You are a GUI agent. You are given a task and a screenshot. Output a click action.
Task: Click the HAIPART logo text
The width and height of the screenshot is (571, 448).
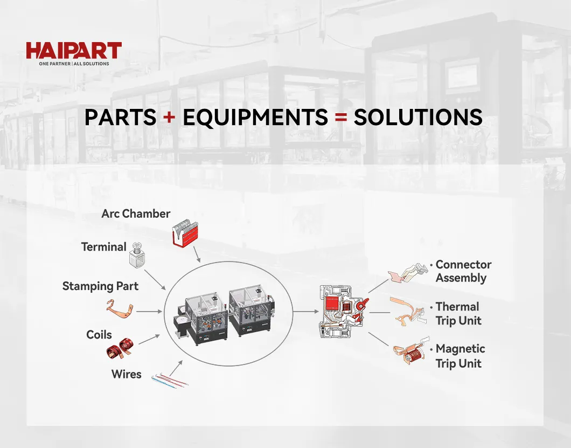coord(74,50)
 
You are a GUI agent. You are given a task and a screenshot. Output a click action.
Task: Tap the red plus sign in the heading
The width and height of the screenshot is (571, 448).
coord(169,117)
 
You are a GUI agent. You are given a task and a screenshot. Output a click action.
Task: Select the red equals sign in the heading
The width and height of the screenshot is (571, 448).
coord(341,117)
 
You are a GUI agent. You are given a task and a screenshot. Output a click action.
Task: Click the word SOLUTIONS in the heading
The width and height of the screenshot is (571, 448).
coord(418,117)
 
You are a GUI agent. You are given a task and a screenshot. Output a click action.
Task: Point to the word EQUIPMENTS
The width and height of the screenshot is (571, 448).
coord(255,118)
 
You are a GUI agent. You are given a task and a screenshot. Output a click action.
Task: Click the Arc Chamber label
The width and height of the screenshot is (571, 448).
coord(136,213)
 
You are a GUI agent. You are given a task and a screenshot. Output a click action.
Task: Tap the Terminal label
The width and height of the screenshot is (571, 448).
coord(104,247)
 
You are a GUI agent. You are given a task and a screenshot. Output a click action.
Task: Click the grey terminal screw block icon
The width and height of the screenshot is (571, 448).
coord(136,254)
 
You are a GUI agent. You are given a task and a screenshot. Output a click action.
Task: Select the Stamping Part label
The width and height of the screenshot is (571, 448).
coord(100,286)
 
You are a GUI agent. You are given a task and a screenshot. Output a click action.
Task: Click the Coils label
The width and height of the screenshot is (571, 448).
coord(99,335)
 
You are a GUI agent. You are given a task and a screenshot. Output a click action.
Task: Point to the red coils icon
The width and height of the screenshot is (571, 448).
coord(120,348)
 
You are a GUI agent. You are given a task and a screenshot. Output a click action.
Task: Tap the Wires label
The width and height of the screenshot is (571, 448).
coord(127,374)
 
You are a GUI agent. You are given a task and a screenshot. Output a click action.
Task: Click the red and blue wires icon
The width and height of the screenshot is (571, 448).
coord(170,380)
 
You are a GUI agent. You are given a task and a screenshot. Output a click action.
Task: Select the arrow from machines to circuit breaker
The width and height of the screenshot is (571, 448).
coord(306,312)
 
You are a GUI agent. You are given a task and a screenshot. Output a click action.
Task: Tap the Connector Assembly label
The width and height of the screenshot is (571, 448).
coord(463,271)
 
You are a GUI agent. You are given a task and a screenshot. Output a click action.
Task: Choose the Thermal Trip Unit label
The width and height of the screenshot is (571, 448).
coord(458,313)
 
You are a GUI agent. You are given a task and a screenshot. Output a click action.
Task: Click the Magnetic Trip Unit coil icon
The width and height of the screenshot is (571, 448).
coord(412,350)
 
